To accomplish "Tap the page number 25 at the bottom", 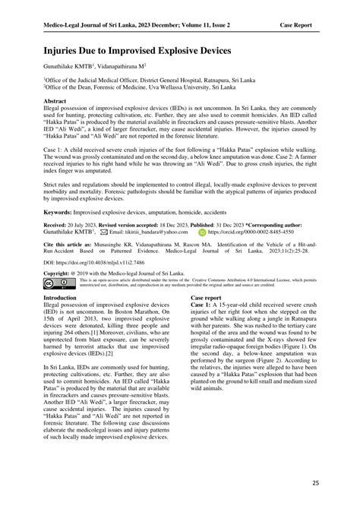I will click(314, 483).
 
